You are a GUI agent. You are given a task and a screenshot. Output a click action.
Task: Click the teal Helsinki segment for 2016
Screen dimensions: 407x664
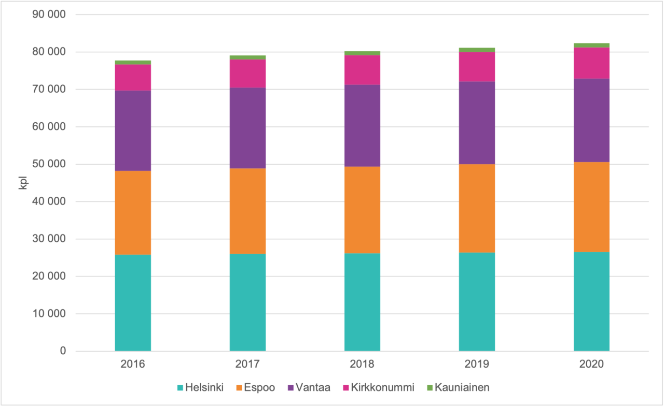(133, 303)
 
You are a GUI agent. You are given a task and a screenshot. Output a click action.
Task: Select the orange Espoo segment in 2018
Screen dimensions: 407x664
(362, 210)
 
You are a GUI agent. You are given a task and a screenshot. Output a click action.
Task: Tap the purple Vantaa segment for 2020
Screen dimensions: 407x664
(591, 120)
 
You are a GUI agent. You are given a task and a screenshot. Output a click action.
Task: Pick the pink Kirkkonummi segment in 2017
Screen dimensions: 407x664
(247, 74)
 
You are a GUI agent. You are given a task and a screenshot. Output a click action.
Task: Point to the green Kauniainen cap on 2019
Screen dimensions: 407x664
(477, 50)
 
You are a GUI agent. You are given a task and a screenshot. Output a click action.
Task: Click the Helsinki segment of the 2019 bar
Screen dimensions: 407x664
(477, 301)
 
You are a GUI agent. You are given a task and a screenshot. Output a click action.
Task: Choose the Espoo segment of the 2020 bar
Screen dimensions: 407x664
(591, 207)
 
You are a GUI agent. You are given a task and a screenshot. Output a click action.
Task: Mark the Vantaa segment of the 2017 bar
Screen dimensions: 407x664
(247, 128)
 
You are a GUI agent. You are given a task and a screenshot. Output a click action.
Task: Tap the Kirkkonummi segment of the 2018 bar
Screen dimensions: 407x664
(362, 70)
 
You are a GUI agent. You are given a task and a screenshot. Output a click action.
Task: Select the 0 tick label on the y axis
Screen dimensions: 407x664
(63, 351)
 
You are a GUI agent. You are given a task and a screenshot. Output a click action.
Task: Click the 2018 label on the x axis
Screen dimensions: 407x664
(362, 364)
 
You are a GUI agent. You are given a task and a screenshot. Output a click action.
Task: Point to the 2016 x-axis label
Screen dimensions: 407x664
(133, 364)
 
